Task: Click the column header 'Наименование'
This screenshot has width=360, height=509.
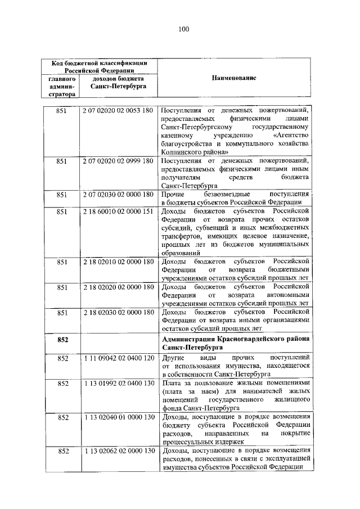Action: pos(234,79)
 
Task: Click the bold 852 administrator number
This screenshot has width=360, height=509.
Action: pos(62,340)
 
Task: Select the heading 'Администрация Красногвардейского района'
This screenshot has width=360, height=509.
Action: pos(235,339)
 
